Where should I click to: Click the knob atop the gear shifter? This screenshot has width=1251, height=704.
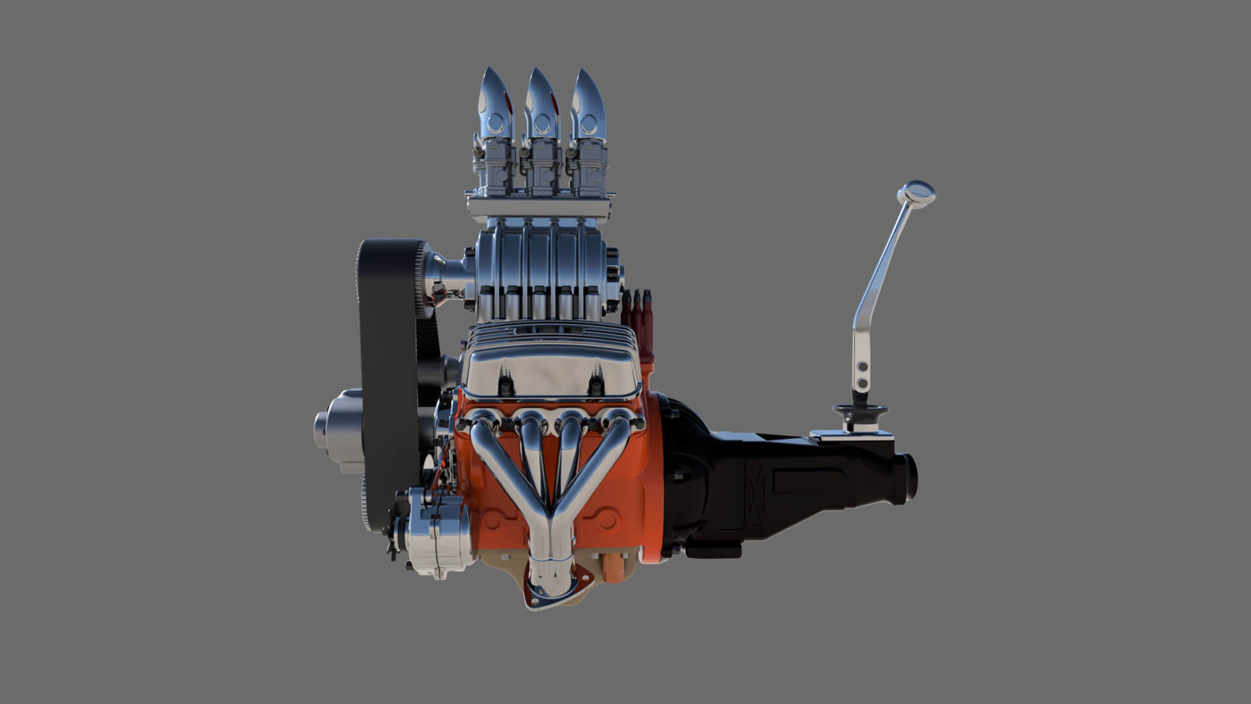(915, 192)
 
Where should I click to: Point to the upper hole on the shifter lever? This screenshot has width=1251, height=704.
(863, 367)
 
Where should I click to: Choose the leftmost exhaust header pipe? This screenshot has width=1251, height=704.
(489, 450)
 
